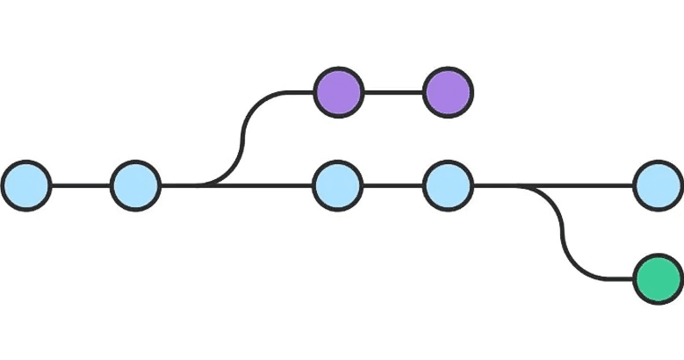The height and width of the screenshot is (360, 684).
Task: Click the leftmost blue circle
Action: coord(26,185)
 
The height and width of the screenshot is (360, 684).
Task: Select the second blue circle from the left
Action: coord(135,185)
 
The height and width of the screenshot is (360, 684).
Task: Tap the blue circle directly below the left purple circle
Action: coord(338,185)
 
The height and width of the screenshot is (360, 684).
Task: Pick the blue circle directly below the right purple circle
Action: coord(448,185)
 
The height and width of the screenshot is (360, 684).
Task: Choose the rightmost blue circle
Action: coord(658,185)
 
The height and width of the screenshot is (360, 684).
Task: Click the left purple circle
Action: coord(338,91)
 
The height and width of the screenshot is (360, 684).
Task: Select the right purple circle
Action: coord(448,91)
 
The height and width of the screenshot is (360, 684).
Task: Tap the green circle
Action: coord(658,279)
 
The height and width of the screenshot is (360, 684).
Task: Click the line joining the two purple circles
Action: coord(392,91)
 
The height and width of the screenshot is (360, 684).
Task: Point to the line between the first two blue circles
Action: coord(81,185)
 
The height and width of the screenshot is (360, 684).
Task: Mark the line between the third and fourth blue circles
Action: coord(392,185)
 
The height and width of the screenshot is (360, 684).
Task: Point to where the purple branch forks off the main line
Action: coord(204,185)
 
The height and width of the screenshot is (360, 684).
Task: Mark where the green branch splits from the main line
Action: coord(522,185)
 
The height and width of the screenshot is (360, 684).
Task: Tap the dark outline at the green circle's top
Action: coord(658,256)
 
